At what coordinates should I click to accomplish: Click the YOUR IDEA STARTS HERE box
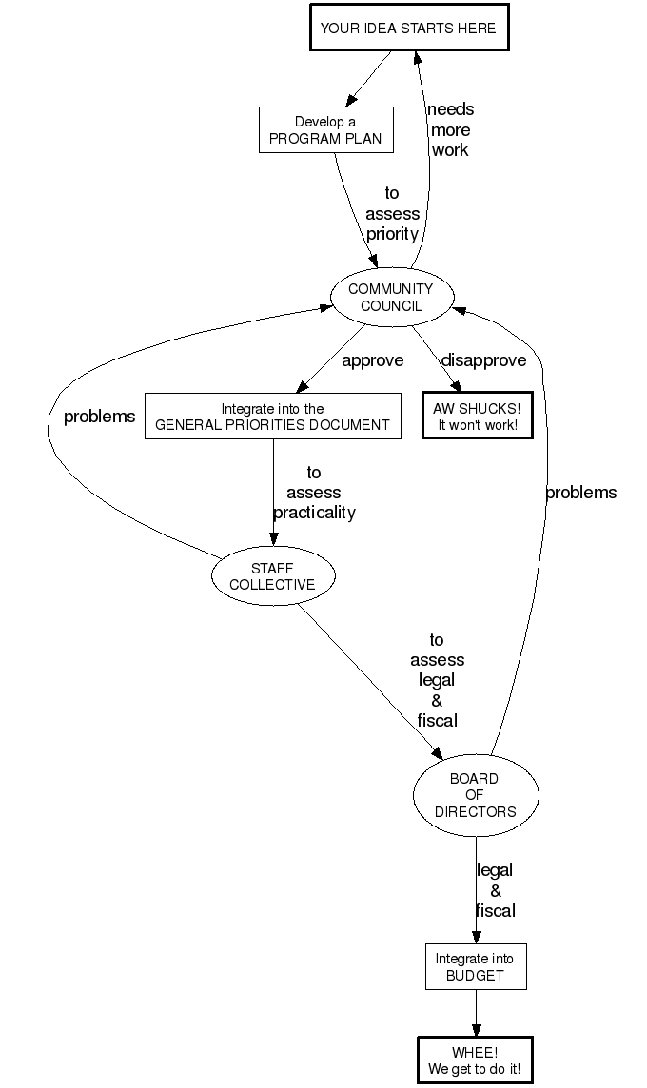pos(408,29)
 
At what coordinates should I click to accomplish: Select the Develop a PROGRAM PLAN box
pos(324,129)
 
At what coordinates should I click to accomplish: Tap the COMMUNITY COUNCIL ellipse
pos(390,297)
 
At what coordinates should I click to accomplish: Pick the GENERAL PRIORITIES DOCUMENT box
pos(272,417)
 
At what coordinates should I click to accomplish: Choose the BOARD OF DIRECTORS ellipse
pos(476,795)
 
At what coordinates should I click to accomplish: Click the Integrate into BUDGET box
pos(475,967)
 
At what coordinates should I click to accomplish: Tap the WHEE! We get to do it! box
pos(475,1060)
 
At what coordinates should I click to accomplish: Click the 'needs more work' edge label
pos(450,129)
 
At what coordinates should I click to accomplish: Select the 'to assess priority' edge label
pos(392,213)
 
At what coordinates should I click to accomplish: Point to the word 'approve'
pos(372,360)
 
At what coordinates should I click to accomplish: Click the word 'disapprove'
pos(483,360)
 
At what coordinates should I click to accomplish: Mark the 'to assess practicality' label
pos(314,493)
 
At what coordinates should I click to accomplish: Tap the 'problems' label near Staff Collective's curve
pos(99,417)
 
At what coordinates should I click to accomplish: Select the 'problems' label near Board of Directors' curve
pos(580,493)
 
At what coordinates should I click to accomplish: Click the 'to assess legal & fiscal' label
pos(437,680)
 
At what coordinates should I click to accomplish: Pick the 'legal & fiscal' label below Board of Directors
pos(495,890)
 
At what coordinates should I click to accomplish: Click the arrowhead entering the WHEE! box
pos(476,1031)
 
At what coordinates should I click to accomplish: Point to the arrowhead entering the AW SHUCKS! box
pos(457,386)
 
